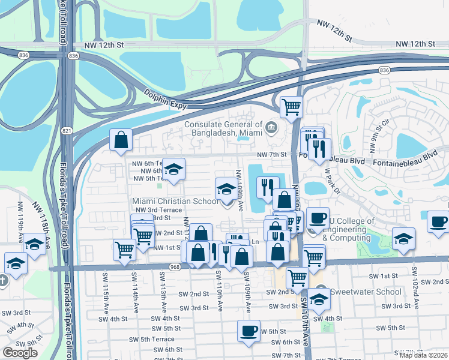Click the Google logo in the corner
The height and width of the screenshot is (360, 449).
coord(20,353)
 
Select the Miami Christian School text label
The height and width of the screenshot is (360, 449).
coord(175,201)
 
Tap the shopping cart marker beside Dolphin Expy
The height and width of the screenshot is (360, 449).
coord(291,107)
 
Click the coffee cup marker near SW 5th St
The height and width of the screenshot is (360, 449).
coord(249,331)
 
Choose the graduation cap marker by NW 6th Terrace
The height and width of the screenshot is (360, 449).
coord(174,169)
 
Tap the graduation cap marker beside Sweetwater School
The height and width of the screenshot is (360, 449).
coord(320,298)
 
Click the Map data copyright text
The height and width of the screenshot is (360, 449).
coord(423,355)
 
